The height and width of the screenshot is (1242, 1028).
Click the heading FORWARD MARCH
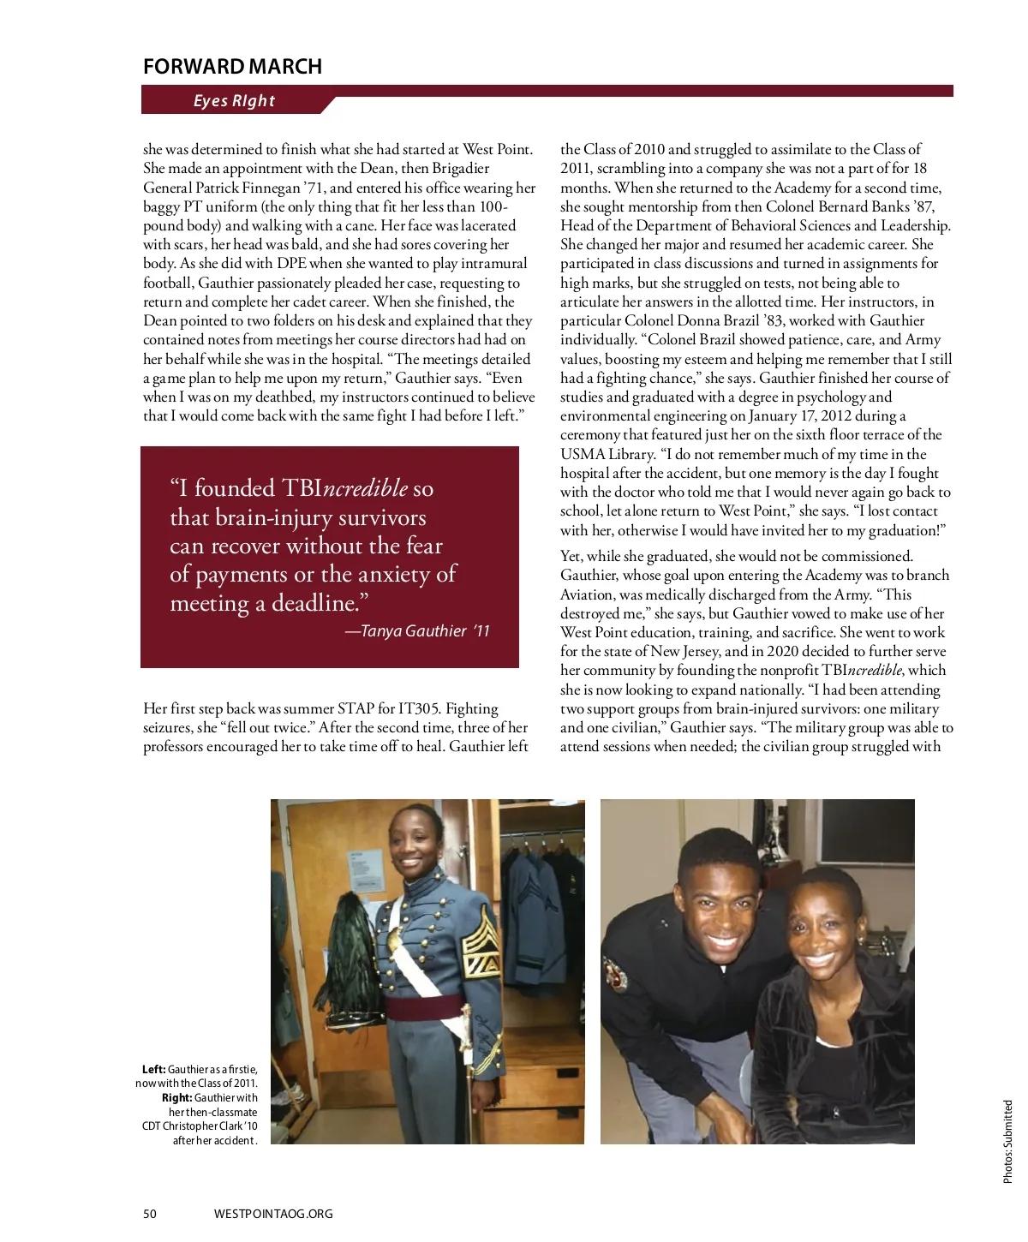click(x=232, y=67)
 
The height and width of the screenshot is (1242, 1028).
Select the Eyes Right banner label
click(x=234, y=101)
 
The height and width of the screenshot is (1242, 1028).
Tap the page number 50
click(x=150, y=1213)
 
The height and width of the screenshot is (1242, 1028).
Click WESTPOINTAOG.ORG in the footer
click(x=273, y=1213)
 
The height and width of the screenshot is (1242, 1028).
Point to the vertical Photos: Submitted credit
click(x=1007, y=1142)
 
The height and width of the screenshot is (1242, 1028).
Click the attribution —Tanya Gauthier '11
click(x=417, y=631)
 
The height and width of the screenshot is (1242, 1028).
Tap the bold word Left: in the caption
click(x=154, y=1069)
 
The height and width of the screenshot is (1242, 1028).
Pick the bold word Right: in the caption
click(x=176, y=1097)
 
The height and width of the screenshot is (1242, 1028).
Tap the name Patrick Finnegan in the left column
click(x=248, y=188)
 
